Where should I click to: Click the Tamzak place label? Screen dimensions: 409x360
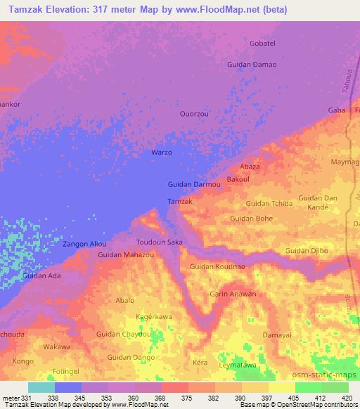(x=180, y=202)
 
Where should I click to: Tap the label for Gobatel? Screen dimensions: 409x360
(x=264, y=44)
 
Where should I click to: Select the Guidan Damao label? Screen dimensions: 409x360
(x=252, y=65)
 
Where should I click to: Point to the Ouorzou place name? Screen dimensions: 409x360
(x=194, y=113)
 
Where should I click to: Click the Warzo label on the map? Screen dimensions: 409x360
(x=162, y=152)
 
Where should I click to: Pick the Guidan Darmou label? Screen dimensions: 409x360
(x=195, y=185)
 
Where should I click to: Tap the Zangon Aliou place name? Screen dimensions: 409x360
(x=84, y=244)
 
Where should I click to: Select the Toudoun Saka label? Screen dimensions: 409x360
(x=159, y=242)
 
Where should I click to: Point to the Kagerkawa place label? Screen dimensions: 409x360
(x=154, y=316)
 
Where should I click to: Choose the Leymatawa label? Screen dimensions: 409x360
(x=236, y=366)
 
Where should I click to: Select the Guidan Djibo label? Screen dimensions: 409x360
(x=307, y=251)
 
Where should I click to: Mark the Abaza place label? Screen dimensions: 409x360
(x=250, y=167)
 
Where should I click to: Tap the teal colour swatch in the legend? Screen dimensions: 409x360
(x=41, y=387)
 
